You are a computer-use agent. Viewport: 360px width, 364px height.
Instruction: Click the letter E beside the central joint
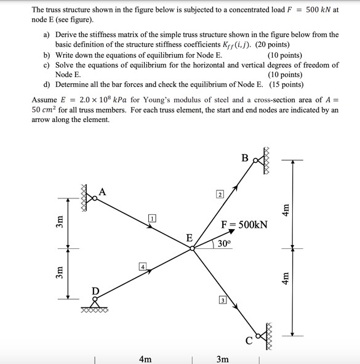(x=189, y=238)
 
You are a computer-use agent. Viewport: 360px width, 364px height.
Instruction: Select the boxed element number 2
(x=219, y=195)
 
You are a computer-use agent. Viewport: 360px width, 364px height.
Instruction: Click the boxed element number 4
(x=143, y=267)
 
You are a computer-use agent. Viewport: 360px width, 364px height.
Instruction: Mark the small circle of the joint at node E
(x=193, y=248)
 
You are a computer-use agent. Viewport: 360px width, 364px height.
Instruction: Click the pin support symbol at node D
(x=95, y=301)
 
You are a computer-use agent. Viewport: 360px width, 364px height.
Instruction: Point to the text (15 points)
(x=287, y=84)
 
